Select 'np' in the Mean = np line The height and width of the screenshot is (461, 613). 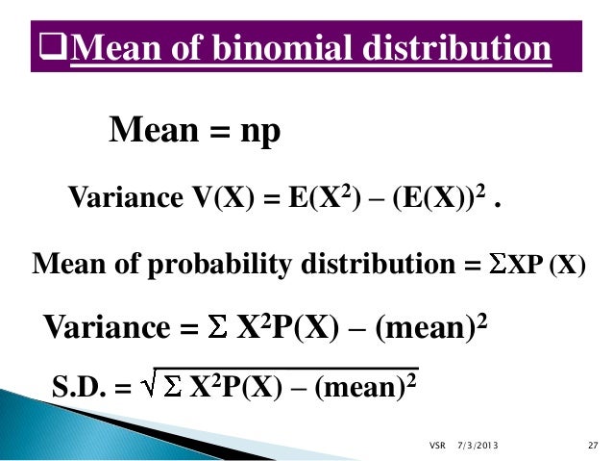coord(258,130)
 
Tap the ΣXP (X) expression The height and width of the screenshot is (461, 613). coord(532,263)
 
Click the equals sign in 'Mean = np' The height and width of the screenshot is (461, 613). coord(215,131)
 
